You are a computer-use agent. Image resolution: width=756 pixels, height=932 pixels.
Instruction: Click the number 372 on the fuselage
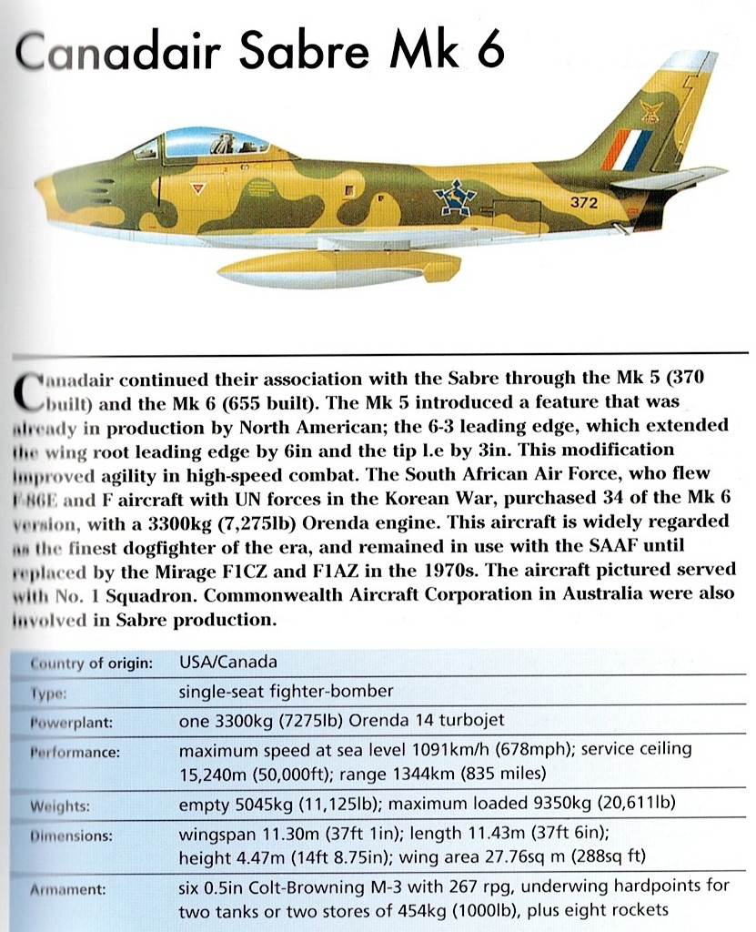tap(583, 203)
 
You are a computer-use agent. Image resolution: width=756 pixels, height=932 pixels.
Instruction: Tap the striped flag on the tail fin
tap(628, 150)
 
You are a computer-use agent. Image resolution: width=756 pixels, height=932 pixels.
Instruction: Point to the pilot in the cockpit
tap(221, 143)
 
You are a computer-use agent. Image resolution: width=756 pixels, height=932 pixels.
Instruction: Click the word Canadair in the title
tap(118, 55)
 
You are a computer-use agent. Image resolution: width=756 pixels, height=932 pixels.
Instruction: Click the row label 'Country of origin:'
tap(91, 663)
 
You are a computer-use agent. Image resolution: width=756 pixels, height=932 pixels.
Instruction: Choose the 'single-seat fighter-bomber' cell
tap(287, 692)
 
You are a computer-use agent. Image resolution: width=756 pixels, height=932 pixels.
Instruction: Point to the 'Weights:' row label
tap(61, 806)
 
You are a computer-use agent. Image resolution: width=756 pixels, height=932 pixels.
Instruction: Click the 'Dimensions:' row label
tap(72, 836)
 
